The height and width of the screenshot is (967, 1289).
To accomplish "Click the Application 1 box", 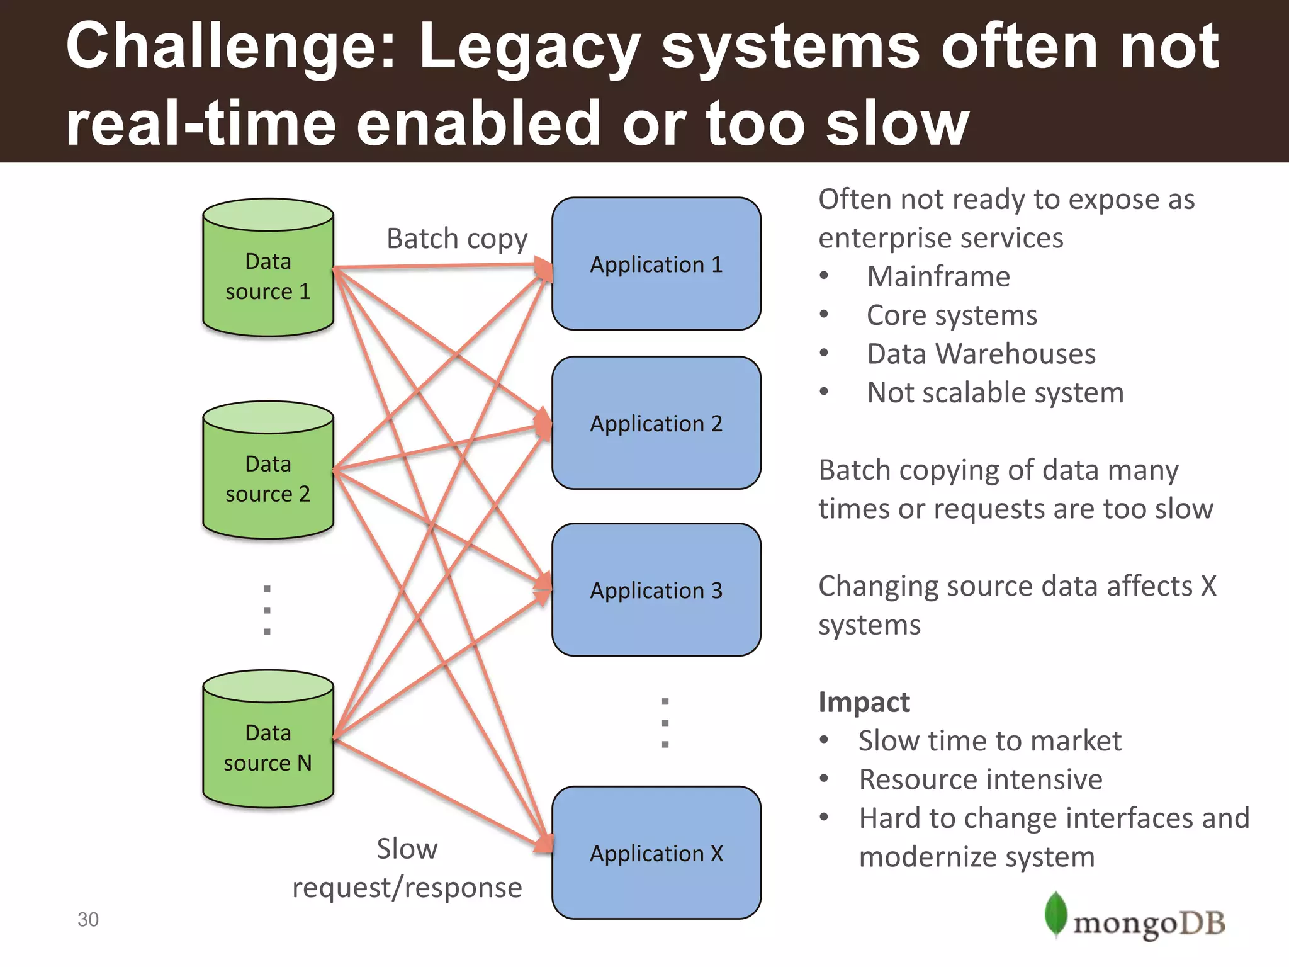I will (656, 264).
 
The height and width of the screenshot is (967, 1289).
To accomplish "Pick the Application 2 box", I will (656, 423).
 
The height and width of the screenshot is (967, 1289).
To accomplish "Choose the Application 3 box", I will (656, 590).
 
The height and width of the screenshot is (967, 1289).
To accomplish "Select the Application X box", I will (656, 852).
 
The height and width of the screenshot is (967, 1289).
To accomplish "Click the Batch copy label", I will (456, 239).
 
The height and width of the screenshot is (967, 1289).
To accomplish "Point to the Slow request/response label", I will (407, 869).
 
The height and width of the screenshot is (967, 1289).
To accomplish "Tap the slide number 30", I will (88, 919).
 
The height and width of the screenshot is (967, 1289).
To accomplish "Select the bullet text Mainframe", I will (938, 277).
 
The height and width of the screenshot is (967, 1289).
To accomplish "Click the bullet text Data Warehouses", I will (981, 354).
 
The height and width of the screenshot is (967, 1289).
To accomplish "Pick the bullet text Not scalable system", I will (994, 393).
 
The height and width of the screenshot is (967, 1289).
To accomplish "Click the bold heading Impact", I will (864, 702).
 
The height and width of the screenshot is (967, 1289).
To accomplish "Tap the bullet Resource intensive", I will (980, 779).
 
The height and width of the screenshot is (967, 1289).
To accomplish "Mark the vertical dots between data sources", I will (267, 610).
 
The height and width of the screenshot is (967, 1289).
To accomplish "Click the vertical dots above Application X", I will (665, 722).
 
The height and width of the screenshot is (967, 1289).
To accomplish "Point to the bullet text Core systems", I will (951, 315).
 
